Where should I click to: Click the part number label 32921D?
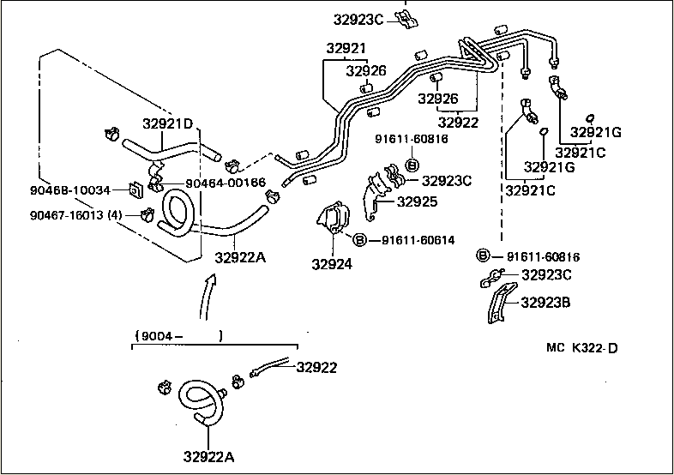tap(168, 123)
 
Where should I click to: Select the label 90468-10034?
tap(70, 190)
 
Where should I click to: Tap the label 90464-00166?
tap(226, 183)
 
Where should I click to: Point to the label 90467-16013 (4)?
tap(76, 215)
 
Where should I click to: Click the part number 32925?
tap(417, 201)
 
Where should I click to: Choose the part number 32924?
tap(332, 264)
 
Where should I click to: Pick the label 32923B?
tap(545, 303)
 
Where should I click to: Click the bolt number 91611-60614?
tap(418, 240)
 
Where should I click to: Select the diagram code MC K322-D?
tap(582, 347)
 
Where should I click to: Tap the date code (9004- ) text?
tap(179, 336)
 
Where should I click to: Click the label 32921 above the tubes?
tap(346, 48)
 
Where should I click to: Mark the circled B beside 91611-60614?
tap(359, 239)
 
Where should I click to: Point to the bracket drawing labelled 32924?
tap(333, 218)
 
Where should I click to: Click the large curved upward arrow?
tap(207, 297)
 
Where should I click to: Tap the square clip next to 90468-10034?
tap(135, 189)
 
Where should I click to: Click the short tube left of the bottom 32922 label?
tap(270, 367)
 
